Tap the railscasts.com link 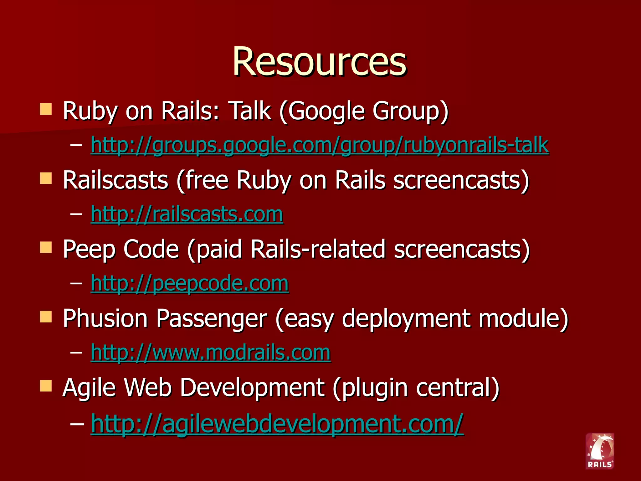(187, 214)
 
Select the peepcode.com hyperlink (189, 283)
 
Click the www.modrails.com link (210, 353)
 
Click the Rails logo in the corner (600, 451)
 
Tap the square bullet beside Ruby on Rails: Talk (46, 110)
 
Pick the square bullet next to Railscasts (46, 179)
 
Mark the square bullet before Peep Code (46, 248)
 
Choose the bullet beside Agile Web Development (46, 386)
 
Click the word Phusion (105, 318)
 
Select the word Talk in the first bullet (250, 111)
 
